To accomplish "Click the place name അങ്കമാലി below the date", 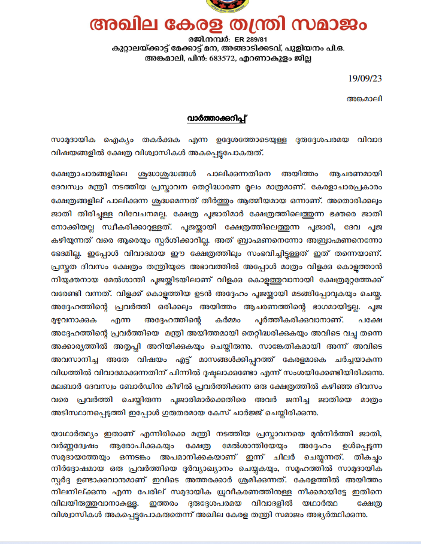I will [x=365, y=98].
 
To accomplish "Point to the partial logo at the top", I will [x=210, y=4].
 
